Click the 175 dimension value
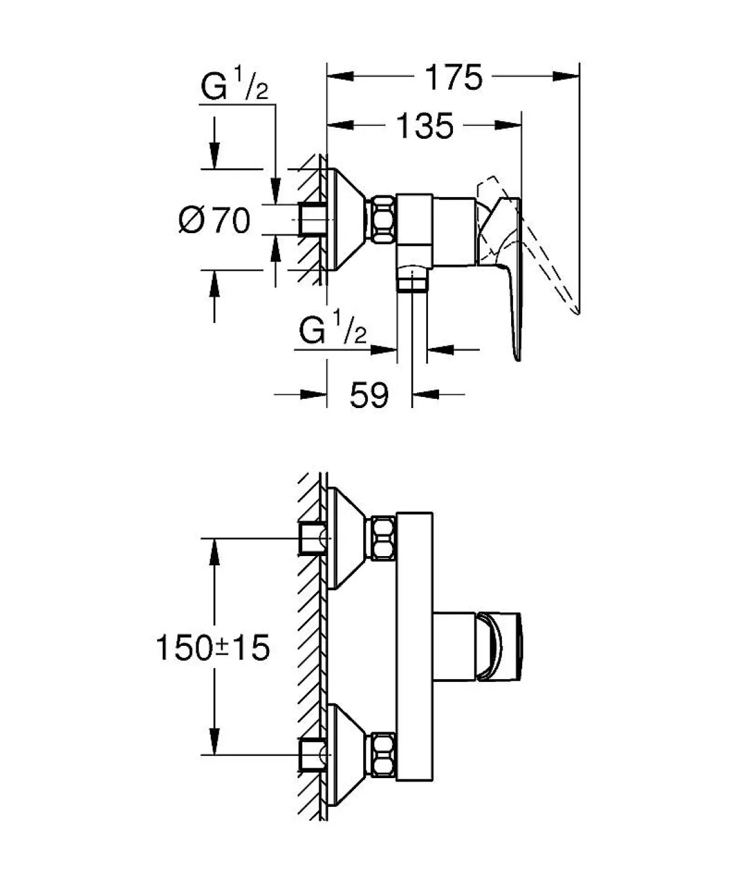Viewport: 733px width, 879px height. (454, 77)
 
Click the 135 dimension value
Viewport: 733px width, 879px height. (425, 126)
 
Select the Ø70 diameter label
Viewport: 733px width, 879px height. (215, 220)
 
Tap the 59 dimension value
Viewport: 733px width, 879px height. (369, 395)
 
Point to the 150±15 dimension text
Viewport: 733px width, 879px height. (213, 648)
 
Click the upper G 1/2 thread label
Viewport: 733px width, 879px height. (234, 88)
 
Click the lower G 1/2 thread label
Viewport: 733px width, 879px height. (332, 331)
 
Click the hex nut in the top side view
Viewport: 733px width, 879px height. (383, 220)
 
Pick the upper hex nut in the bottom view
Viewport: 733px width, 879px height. (383, 538)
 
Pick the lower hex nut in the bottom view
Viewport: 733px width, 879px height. (383, 755)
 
